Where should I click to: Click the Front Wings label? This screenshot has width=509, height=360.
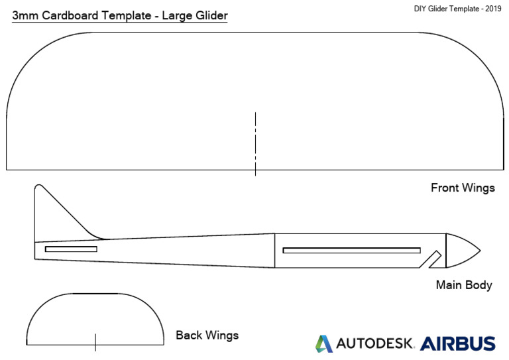[x=463, y=188]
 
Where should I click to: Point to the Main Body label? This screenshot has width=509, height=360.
[x=464, y=285]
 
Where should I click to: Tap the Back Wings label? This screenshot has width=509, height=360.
[x=207, y=335]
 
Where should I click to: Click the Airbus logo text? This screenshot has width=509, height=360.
[x=457, y=343]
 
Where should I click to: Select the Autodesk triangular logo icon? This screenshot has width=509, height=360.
[x=324, y=343]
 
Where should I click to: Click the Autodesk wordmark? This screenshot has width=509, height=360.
[x=374, y=343]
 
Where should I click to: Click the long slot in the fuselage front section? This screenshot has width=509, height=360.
[x=351, y=250]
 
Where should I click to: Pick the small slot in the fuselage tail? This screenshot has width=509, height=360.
[x=71, y=249]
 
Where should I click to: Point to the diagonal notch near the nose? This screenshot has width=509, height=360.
[x=434, y=259]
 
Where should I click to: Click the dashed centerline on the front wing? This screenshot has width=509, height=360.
[x=255, y=143]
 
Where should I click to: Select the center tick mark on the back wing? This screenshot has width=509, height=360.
[x=95, y=341]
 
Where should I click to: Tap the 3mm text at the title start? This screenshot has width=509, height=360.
[x=25, y=14]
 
